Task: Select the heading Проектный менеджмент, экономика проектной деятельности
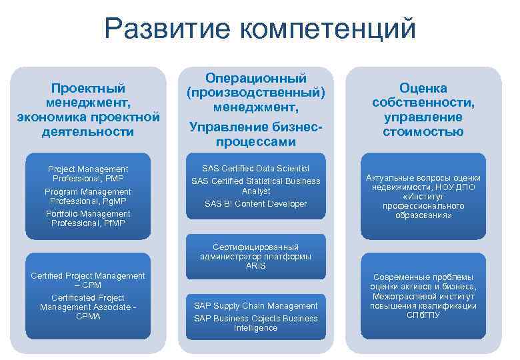point(89,109)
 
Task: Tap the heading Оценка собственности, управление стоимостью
point(423,109)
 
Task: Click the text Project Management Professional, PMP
point(89,174)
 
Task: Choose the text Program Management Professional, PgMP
point(89,196)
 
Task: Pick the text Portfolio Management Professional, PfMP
point(89,218)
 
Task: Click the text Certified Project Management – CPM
point(89,281)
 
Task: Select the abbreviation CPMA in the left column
point(88,316)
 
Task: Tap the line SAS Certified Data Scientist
point(256,169)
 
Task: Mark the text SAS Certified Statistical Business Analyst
point(256,186)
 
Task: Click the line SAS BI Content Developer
point(256,203)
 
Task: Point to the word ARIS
point(256,265)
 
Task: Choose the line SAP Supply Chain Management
point(256,305)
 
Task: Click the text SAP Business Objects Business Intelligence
point(256,323)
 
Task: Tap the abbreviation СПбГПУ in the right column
point(423,315)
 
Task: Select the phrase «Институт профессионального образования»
point(423,206)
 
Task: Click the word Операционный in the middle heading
point(256,79)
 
